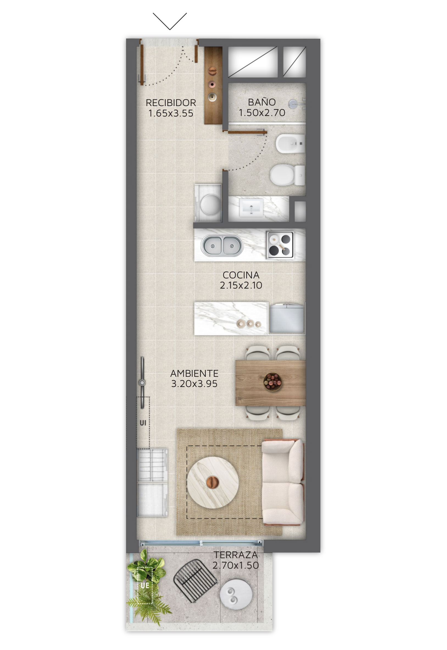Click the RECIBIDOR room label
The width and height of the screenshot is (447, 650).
[171, 103]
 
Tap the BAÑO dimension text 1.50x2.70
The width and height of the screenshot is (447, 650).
[262, 113]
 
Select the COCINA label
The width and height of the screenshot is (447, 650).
[241, 275]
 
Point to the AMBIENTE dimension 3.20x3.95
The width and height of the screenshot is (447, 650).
[194, 384]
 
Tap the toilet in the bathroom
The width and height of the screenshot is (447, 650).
[287, 175]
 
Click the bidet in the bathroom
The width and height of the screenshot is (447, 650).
[290, 143]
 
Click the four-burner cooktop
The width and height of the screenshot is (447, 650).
[280, 244]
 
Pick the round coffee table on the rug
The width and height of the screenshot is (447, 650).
[213, 482]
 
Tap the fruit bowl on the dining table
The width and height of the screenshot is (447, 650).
[272, 381]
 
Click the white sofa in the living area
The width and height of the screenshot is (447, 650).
[283, 482]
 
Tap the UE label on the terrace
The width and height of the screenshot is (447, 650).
[145, 586]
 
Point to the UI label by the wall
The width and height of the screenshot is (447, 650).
[143, 423]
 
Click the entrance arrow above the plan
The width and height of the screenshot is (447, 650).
[170, 21]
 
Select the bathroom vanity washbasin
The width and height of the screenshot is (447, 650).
[251, 208]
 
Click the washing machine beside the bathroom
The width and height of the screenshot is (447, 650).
[208, 203]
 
